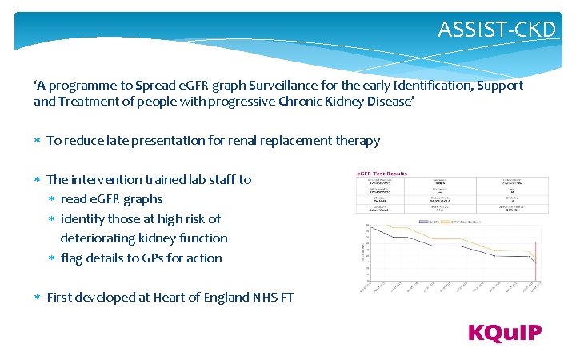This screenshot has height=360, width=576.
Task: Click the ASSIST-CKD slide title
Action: (x=496, y=30)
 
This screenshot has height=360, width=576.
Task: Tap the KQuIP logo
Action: (x=505, y=333)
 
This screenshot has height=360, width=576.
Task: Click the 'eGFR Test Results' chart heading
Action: (x=382, y=174)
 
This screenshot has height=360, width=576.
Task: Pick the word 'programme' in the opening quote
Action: (x=80, y=85)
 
